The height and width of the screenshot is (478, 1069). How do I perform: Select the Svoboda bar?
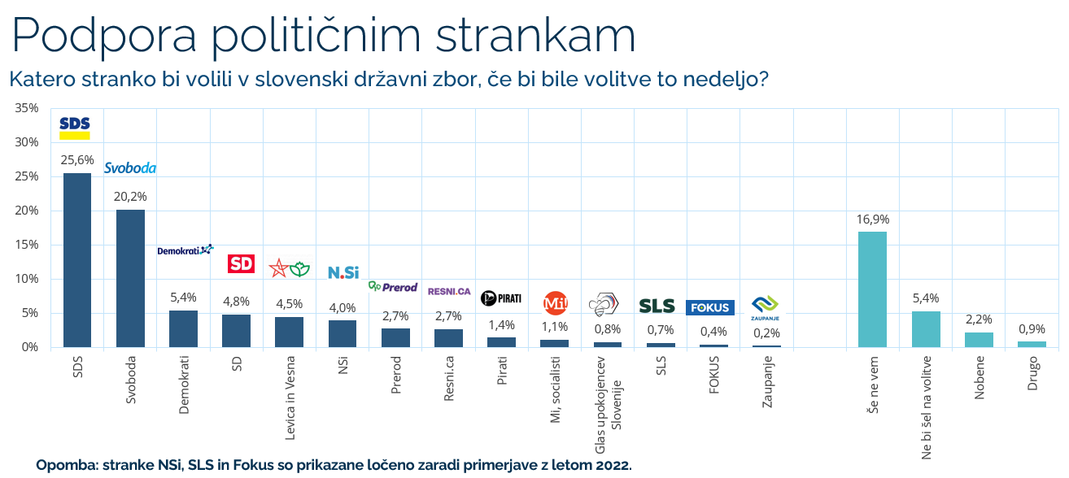130,279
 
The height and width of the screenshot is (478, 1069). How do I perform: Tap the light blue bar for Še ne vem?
872,289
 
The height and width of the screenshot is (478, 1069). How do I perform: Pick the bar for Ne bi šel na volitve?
926,328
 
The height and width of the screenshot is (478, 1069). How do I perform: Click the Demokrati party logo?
185,250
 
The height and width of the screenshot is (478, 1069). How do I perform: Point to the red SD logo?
240,263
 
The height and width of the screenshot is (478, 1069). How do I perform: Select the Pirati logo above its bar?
501,298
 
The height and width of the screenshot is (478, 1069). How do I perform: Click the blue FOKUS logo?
710,307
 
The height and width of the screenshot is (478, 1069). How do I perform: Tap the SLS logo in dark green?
657,306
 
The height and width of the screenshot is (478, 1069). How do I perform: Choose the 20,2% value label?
130,196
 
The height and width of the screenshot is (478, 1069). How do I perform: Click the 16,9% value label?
872,219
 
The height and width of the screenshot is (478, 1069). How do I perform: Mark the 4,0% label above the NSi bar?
343,307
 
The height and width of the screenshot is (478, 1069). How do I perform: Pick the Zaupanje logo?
763,308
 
